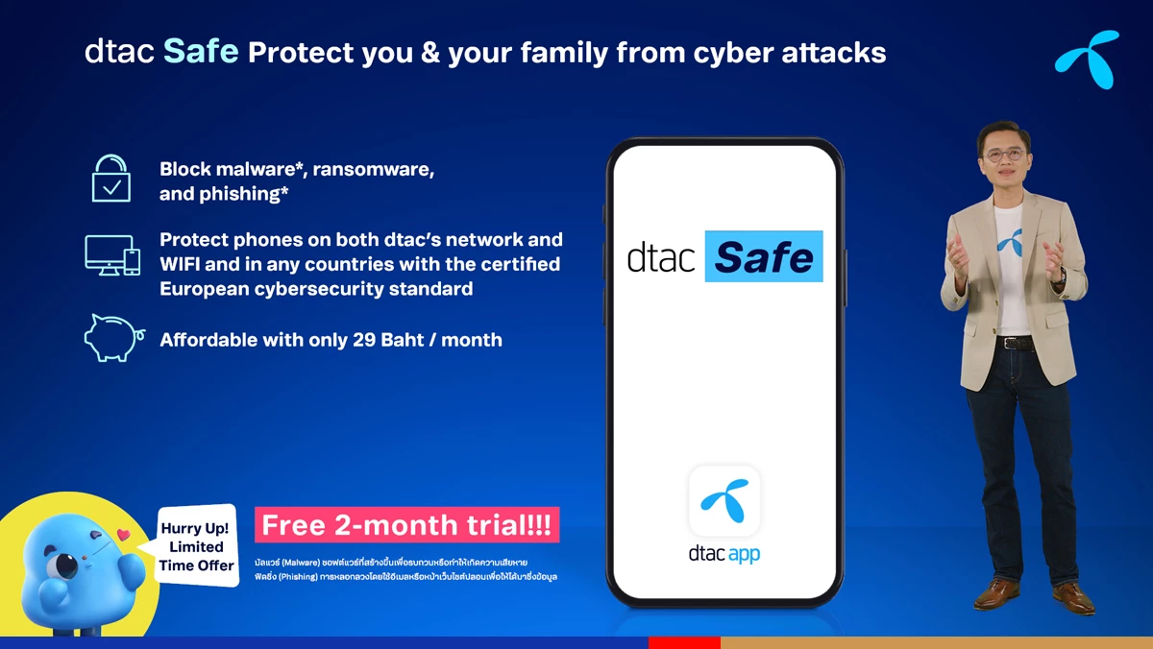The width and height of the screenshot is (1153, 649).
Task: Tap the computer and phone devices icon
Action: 112,255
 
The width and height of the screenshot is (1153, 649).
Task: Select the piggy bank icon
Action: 112,338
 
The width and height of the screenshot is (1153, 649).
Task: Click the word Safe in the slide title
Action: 201,51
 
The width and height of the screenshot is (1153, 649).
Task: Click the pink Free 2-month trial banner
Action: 406,525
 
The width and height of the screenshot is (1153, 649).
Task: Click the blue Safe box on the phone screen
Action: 764,256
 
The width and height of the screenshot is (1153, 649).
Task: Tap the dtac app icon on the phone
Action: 724,500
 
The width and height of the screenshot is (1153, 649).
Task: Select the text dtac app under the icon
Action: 724,554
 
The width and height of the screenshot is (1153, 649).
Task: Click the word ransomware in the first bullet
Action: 374,169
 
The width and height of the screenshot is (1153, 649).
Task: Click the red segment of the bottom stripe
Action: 684,642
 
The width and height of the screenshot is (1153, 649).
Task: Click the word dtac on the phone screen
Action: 661,257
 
